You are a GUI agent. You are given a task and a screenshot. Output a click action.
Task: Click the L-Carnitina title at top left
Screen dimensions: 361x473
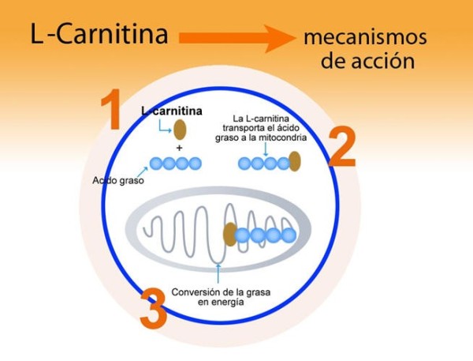pyautogui.click(x=99, y=36)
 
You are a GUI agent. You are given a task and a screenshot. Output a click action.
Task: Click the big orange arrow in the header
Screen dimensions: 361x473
pyautogui.click(x=236, y=36)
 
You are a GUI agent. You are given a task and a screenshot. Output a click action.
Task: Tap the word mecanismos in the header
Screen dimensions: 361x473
pyautogui.click(x=365, y=37)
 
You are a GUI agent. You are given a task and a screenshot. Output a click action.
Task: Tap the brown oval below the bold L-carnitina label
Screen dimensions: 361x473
pyautogui.click(x=180, y=130)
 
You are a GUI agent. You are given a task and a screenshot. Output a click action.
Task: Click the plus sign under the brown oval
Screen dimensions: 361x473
pyautogui.click(x=180, y=148)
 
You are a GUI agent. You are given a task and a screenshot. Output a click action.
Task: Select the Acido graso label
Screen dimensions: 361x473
pyautogui.click(x=114, y=179)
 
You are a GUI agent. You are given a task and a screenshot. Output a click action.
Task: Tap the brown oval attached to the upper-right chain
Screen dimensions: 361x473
pyautogui.click(x=294, y=162)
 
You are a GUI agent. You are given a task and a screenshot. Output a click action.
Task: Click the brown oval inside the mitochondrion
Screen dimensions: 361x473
pyautogui.click(x=229, y=234)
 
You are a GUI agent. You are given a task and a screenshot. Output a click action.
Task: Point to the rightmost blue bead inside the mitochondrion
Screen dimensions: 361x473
pyautogui.click(x=289, y=235)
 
